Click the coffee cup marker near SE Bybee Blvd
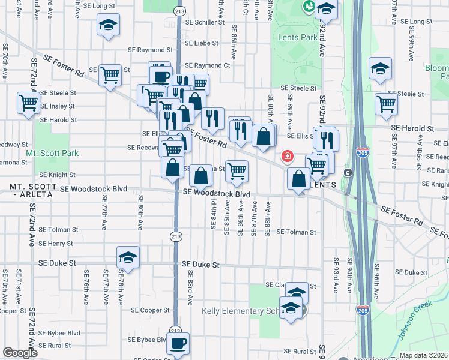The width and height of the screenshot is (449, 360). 178,344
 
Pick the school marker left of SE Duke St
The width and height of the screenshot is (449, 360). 128,257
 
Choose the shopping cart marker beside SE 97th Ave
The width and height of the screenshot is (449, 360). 386,103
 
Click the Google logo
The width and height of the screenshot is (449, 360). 20,353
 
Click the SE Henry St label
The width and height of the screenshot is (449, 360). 55,244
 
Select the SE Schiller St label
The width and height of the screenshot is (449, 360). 205,22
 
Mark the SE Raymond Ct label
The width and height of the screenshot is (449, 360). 208,65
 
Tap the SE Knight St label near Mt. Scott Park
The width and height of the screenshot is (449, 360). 58,175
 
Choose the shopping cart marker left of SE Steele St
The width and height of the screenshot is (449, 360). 28,103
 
